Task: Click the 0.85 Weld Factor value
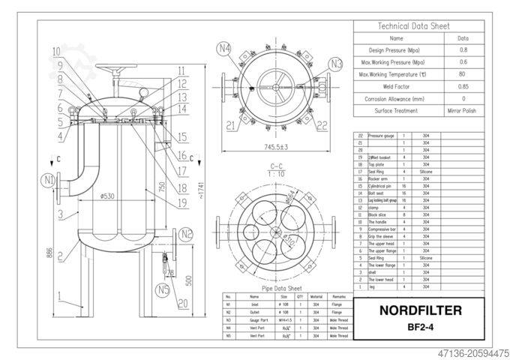click(463, 86)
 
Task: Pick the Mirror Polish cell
click(463, 110)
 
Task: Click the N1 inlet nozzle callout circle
click(49, 179)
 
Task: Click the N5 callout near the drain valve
click(161, 289)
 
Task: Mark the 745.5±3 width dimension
click(278, 148)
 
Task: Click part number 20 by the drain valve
click(181, 304)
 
